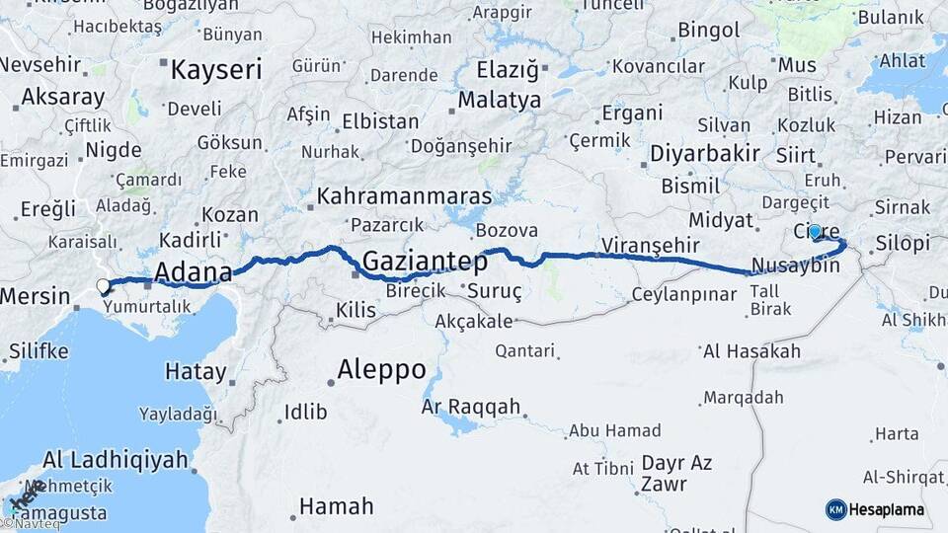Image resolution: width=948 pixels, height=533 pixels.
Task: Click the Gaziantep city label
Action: [x=426, y=262]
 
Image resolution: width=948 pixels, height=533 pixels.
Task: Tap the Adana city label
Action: [x=194, y=271]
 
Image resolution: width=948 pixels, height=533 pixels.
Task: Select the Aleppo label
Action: [x=381, y=370]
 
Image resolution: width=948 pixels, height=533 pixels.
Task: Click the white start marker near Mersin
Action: [x=104, y=287]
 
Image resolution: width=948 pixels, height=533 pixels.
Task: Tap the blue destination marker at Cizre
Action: [x=815, y=232]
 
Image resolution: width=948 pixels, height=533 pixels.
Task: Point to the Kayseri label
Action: [x=216, y=70]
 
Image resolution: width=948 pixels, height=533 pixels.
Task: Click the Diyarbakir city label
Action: [x=705, y=153]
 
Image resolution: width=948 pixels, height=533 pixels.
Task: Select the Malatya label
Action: [x=500, y=101]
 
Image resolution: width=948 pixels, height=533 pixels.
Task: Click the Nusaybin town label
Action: [x=795, y=266]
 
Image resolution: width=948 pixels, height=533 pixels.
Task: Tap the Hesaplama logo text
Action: [x=888, y=509]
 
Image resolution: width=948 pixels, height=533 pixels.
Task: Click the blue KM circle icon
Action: [x=835, y=509]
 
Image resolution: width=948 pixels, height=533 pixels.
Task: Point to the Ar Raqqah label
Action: [x=470, y=407]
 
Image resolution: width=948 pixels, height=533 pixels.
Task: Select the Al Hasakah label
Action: [x=751, y=351]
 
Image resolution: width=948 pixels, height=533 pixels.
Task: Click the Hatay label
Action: [x=196, y=371]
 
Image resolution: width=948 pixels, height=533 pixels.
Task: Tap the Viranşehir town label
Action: [x=651, y=245]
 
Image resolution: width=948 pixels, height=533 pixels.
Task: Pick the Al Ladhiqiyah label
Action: [x=116, y=459]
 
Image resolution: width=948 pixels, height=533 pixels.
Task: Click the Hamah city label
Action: [x=336, y=506]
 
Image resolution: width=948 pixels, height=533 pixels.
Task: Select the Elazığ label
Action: [x=509, y=70]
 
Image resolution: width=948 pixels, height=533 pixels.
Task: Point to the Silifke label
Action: [x=39, y=350]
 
